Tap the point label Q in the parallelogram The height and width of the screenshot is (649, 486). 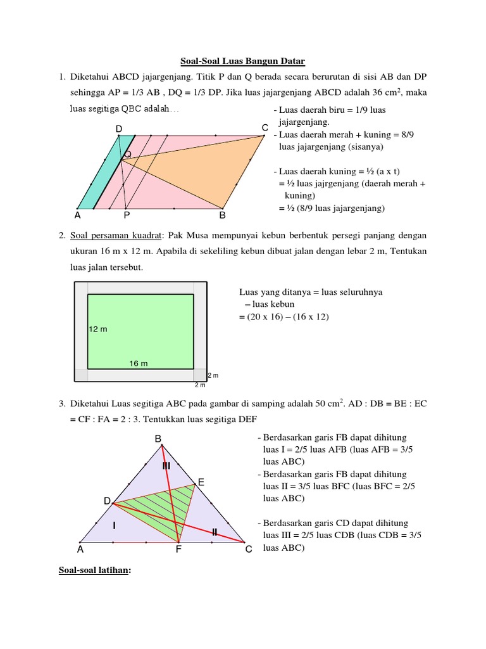click(x=128, y=154)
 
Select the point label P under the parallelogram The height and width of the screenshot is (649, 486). click(x=127, y=215)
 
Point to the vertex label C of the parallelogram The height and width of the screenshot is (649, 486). click(x=265, y=128)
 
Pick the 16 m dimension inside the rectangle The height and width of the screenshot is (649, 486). click(x=139, y=363)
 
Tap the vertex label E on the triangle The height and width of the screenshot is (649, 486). click(x=201, y=482)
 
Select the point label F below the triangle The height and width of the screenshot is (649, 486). click(x=179, y=550)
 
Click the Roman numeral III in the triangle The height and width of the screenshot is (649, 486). click(x=166, y=466)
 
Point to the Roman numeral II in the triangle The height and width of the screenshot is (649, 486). click(x=215, y=532)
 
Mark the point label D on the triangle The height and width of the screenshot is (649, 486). click(x=107, y=501)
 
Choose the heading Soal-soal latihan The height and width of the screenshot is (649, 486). click(x=95, y=570)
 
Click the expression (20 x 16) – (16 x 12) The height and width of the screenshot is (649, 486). click(x=284, y=316)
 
